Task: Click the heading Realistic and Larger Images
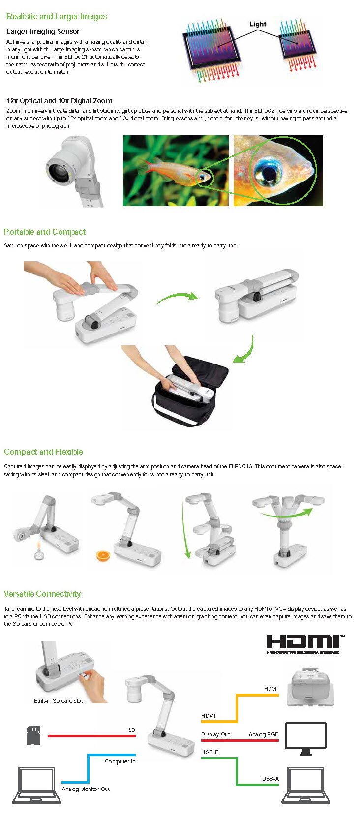click(57, 16)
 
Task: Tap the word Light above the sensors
click(258, 24)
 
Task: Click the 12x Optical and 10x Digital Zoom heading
click(60, 101)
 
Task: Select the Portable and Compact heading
click(45, 232)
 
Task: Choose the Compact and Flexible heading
click(43, 452)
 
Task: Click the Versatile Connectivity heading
click(42, 594)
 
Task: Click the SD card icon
click(33, 735)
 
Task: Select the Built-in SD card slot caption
click(59, 700)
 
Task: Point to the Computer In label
click(120, 761)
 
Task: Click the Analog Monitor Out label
click(86, 789)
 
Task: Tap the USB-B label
click(210, 752)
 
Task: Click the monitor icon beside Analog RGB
click(305, 738)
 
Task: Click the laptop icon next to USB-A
click(306, 785)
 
